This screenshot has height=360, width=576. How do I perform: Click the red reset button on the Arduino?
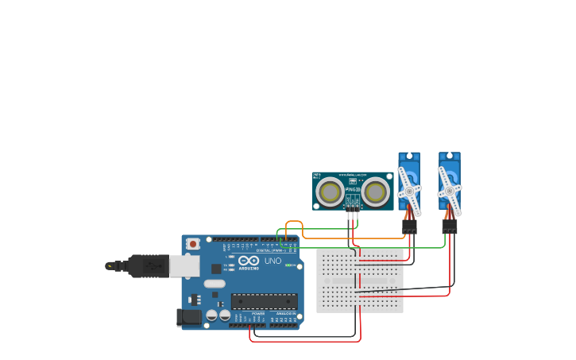193,244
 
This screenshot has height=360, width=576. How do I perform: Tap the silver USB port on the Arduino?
184,265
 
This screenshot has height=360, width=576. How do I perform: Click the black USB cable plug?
147,265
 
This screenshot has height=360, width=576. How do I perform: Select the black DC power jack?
189,317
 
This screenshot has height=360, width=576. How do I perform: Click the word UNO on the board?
273,261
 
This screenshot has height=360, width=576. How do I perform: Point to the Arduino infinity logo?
249,261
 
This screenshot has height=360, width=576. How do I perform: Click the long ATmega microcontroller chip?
265,301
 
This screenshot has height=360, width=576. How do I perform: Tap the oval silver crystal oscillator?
215,284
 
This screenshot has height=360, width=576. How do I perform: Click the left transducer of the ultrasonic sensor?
331,192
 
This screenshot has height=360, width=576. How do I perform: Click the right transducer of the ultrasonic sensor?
376,192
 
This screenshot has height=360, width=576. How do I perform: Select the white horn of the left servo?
409,190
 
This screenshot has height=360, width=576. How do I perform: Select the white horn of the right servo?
450,191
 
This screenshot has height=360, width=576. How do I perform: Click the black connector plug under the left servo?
409,226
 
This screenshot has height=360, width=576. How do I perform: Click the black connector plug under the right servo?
450,226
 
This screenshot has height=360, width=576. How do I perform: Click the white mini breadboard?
360,281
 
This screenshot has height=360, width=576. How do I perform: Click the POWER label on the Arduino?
258,314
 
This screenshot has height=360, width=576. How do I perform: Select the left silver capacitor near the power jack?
211,315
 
